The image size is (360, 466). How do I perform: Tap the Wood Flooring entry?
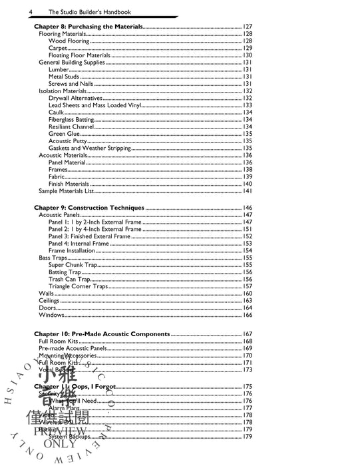pos(69,41)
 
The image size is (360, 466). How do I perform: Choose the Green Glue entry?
pos(65,134)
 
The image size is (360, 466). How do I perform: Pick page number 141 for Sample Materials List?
pos(247,191)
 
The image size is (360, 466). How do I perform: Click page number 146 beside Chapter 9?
pos(247,208)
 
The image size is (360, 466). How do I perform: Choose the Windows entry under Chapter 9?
pos(51,315)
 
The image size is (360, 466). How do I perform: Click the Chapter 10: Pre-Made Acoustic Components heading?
pos(102,334)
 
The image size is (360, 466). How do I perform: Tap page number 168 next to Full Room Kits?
pos(247,341)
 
